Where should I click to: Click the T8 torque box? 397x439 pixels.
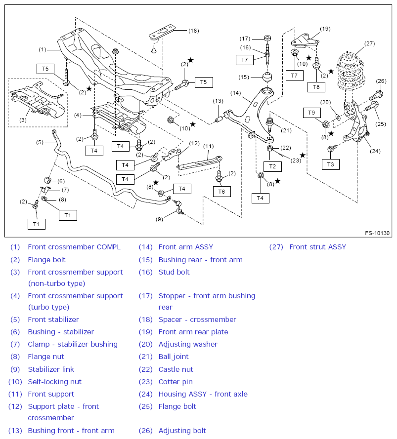(x=316, y=87)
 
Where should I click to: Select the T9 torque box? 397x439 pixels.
(x=312, y=113)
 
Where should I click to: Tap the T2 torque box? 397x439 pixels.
(x=272, y=166)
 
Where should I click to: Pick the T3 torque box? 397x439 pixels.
(x=331, y=164)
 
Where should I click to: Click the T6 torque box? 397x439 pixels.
(x=221, y=192)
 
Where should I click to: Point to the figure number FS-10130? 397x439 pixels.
(x=377, y=233)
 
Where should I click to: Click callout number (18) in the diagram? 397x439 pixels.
(x=193, y=31)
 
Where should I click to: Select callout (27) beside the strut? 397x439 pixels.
(x=369, y=43)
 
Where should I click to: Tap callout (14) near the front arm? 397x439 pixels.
(x=235, y=93)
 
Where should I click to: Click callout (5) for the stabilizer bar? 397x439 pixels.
(x=40, y=142)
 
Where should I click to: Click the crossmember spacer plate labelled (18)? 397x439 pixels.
(x=162, y=32)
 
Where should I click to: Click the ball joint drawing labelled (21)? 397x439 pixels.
(x=269, y=124)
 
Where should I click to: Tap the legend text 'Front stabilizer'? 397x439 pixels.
(x=53, y=319)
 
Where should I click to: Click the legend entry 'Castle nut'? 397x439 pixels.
(x=176, y=369)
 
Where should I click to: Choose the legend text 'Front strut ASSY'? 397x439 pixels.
(x=318, y=247)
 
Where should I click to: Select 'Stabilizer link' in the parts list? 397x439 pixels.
(x=51, y=369)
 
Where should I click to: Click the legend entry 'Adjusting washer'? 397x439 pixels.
(x=188, y=344)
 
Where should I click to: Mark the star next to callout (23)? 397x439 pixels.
(x=303, y=155)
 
